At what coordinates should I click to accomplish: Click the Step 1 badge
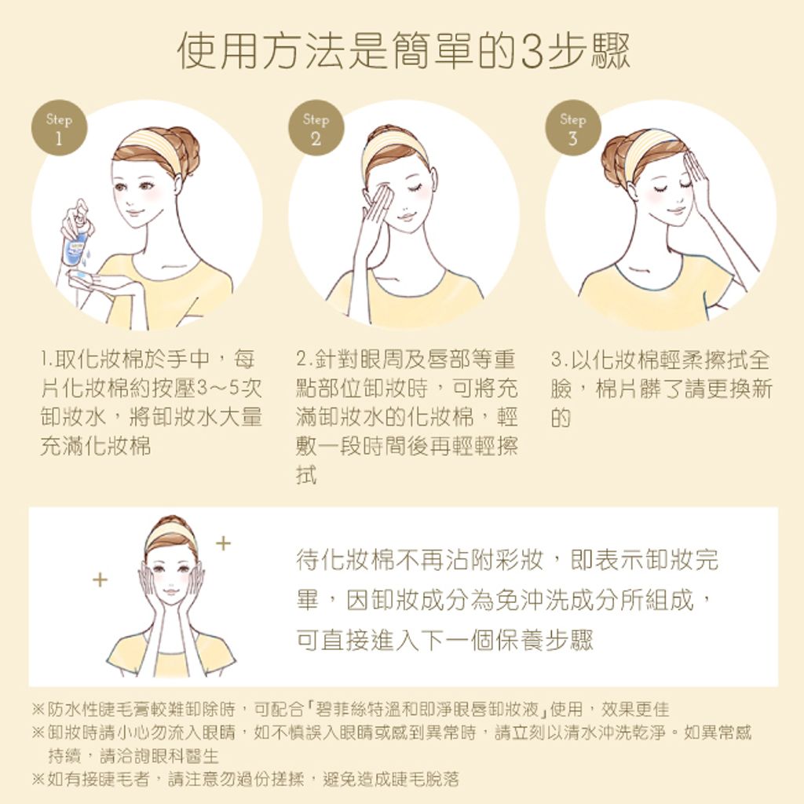(x=59, y=128)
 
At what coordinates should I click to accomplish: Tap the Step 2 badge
(x=316, y=128)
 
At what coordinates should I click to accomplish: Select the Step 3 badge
(x=572, y=128)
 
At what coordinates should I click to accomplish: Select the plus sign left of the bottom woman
(x=100, y=580)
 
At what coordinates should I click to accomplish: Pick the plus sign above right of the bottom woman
(x=223, y=543)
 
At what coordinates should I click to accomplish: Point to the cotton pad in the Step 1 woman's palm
(x=82, y=277)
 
